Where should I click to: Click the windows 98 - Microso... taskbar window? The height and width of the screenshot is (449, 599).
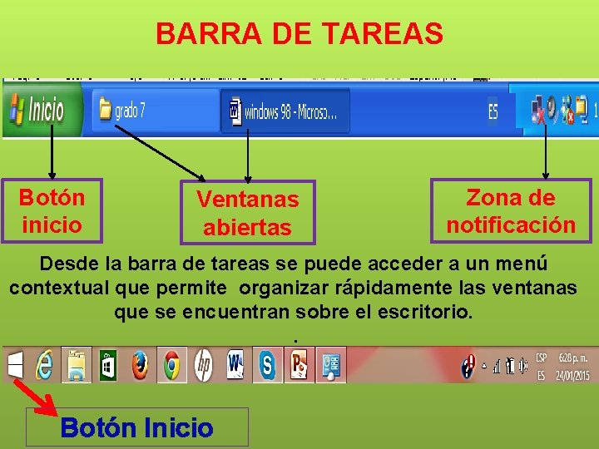tap(285, 111)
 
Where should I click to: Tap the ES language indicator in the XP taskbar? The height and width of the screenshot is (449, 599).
tap(493, 111)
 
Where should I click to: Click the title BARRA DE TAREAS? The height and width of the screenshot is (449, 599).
tap(299, 34)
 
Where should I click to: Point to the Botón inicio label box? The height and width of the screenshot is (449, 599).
tap(52, 211)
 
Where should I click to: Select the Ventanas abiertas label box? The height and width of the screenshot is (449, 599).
tap(247, 213)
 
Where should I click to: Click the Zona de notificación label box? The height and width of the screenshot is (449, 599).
tap(511, 211)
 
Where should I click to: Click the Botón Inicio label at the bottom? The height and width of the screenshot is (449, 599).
tap(137, 428)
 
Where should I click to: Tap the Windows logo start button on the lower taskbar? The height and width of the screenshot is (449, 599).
tap(16, 365)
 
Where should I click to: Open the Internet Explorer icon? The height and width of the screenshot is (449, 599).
tap(45, 365)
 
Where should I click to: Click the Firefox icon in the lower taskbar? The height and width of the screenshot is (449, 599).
tap(140, 365)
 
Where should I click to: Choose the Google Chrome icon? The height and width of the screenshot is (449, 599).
tap(171, 365)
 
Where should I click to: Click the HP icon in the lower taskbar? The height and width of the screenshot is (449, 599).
tap(203, 365)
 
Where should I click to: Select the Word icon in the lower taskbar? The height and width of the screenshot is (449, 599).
tap(235, 365)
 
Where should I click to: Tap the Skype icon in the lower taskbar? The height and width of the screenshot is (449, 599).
tap(266, 365)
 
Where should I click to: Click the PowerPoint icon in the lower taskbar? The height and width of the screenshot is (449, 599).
tap(298, 365)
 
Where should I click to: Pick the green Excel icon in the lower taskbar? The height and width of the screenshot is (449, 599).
tap(108, 365)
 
